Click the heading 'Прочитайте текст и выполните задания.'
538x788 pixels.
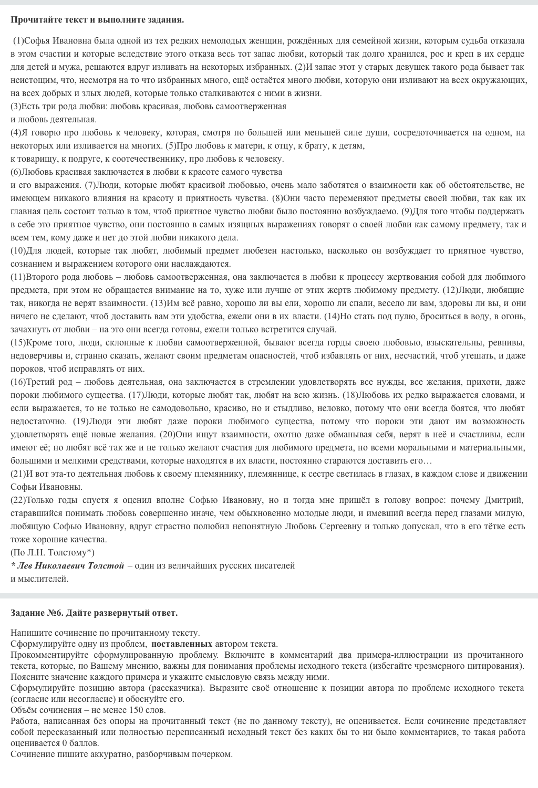click(97, 20)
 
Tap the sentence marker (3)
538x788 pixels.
click(16, 106)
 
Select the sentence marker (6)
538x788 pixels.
click(16, 172)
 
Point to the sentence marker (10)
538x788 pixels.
click(18, 250)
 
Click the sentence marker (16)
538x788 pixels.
click(18, 382)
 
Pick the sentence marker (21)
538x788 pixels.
click(18, 474)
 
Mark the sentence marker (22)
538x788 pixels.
click(18, 500)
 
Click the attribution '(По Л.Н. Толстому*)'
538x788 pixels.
click(53, 552)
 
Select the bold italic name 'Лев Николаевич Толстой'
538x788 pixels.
click(71, 565)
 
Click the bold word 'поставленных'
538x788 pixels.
click(182, 644)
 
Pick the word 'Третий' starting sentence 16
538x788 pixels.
click(41, 382)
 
